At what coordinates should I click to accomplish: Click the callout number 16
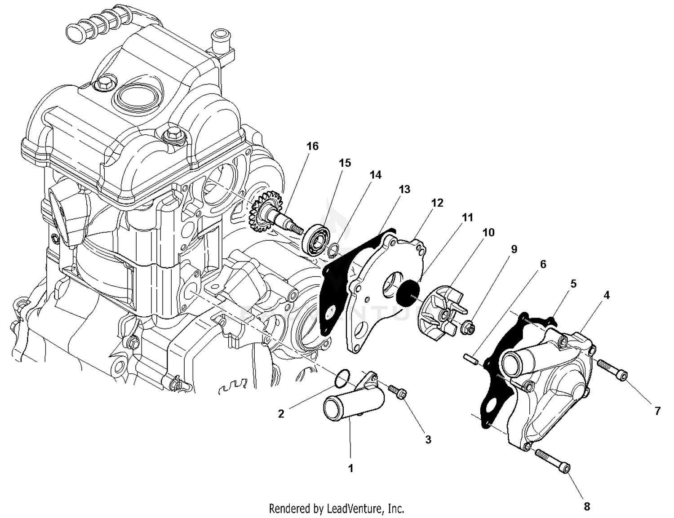(x=312, y=146)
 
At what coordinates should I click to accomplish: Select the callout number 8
(x=587, y=506)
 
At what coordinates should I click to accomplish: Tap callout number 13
(x=404, y=189)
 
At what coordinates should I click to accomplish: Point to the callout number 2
(x=281, y=413)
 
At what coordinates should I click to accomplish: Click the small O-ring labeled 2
(x=342, y=378)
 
